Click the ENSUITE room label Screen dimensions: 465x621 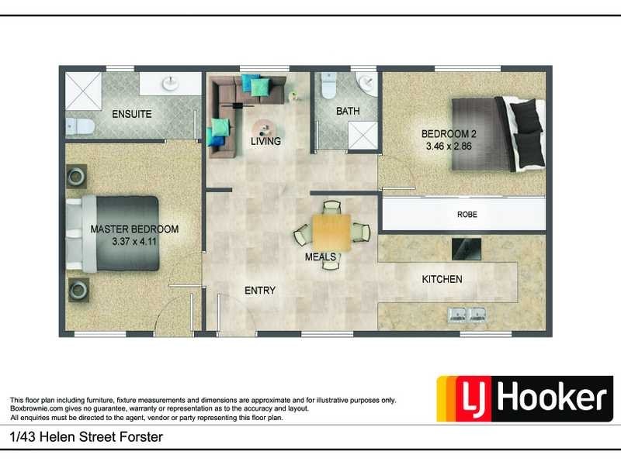click(x=131, y=114)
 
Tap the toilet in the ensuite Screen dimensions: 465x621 click(x=80, y=126)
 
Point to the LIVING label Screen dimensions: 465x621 click(x=265, y=142)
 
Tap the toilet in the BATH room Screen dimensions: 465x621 click(x=328, y=85)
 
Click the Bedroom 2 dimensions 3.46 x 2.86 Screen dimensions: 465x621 click(x=449, y=145)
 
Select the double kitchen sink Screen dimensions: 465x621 click(x=467, y=314)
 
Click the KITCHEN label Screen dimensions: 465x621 click(x=442, y=279)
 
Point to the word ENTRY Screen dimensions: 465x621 click(x=259, y=291)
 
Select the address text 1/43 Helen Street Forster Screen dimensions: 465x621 click(x=86, y=438)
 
